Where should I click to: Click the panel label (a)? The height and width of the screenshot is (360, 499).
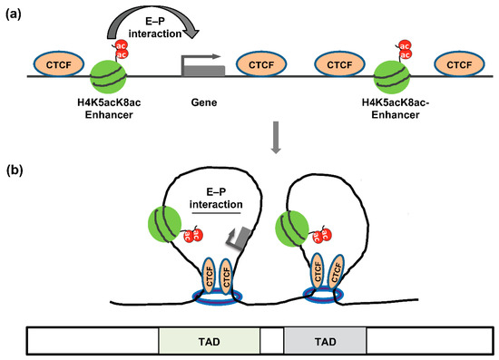point(15,12)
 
